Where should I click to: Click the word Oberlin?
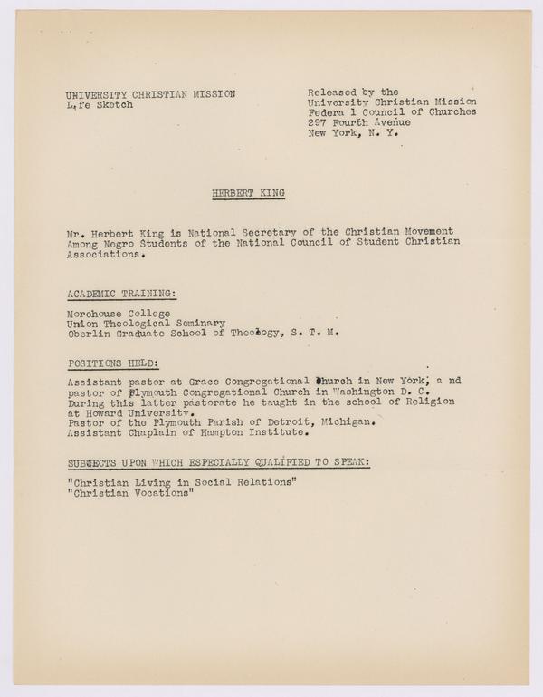(x=89, y=333)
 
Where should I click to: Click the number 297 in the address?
(x=318, y=122)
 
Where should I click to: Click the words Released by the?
(x=352, y=92)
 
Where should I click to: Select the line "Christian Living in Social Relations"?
(x=180, y=482)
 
